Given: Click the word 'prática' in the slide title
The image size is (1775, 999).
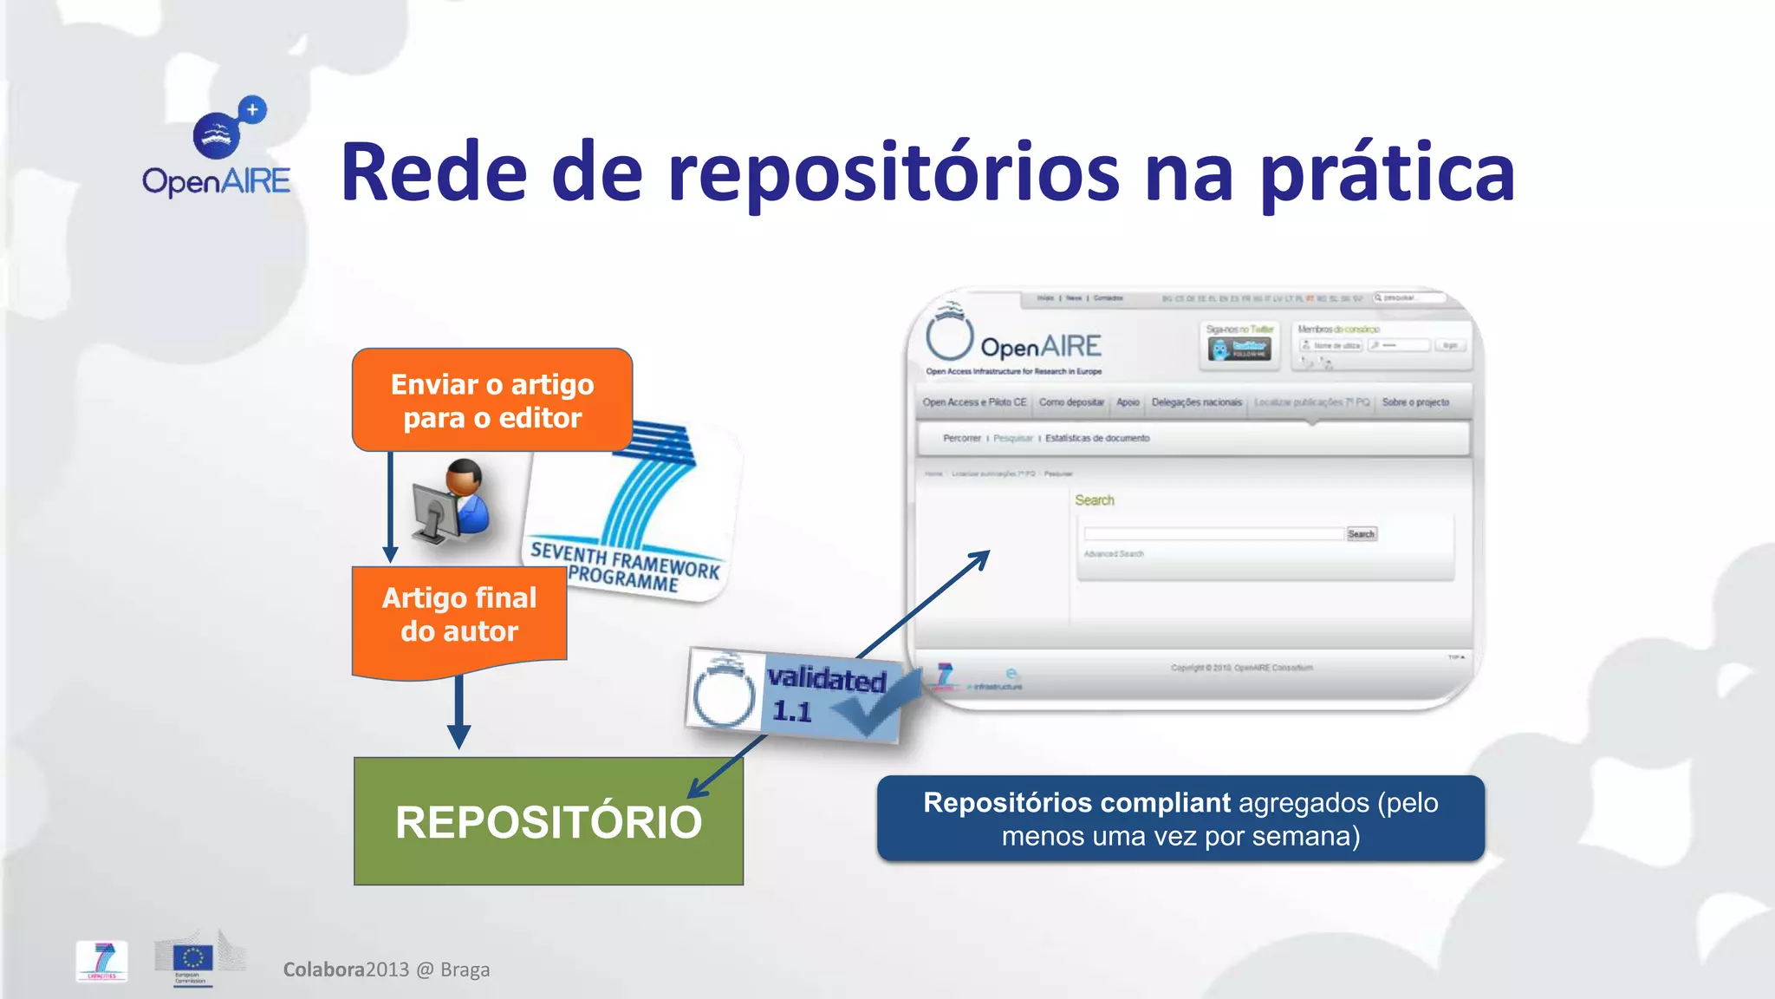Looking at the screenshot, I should (1387, 173).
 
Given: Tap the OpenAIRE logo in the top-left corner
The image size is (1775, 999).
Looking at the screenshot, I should (218, 147).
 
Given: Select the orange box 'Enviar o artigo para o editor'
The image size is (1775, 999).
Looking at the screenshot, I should (492, 400).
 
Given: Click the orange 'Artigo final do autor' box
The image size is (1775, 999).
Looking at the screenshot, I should (459, 616).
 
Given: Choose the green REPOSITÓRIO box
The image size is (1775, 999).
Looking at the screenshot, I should (548, 821).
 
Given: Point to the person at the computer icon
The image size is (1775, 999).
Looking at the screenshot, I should (452, 503).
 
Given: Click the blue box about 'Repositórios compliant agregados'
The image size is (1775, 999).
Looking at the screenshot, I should (1180, 819).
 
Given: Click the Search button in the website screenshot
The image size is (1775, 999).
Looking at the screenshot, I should (1361, 534).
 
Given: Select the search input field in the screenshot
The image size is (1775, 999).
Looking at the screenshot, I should (1213, 534).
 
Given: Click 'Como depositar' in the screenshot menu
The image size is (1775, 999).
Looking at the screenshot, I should (1071, 402).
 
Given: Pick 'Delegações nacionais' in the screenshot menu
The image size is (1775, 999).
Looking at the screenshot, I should (1196, 402).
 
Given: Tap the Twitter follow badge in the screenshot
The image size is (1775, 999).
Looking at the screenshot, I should (1241, 349).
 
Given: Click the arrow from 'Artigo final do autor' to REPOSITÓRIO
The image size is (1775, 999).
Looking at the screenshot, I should (458, 707).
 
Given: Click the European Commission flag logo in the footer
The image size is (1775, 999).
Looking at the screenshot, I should (192, 958).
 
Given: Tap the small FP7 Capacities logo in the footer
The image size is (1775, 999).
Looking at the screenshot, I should (102, 961).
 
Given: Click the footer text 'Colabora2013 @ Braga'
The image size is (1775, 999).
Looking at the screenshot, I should (387, 970).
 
